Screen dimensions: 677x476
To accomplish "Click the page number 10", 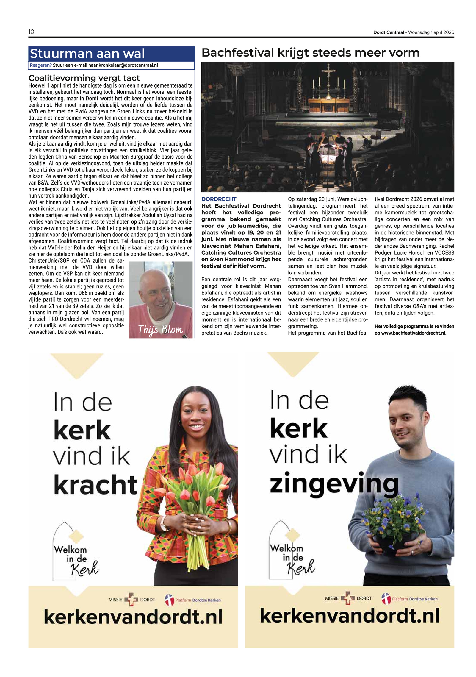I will (x=31, y=32).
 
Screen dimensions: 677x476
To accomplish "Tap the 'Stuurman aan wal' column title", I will (x=87, y=54).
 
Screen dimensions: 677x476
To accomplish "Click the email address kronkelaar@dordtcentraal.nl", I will (x=128, y=65).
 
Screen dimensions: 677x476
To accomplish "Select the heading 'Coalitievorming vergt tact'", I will (x=84, y=78).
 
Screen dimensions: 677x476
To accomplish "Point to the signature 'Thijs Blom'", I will (x=160, y=330).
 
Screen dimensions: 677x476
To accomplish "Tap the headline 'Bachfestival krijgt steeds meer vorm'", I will (x=310, y=53).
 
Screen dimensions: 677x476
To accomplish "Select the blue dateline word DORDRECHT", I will (x=219, y=199).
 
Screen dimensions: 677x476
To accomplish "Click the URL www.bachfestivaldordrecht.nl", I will (x=414, y=333).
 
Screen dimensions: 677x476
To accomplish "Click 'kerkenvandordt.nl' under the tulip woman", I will (x=133, y=617).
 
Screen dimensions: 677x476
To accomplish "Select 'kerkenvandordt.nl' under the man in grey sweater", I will (x=350, y=615).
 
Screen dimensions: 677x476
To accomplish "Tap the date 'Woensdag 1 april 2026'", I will (x=431, y=32).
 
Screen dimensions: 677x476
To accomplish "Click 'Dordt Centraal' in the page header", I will (x=388, y=32).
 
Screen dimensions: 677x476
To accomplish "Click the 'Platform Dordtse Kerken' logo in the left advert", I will (x=193, y=600).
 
